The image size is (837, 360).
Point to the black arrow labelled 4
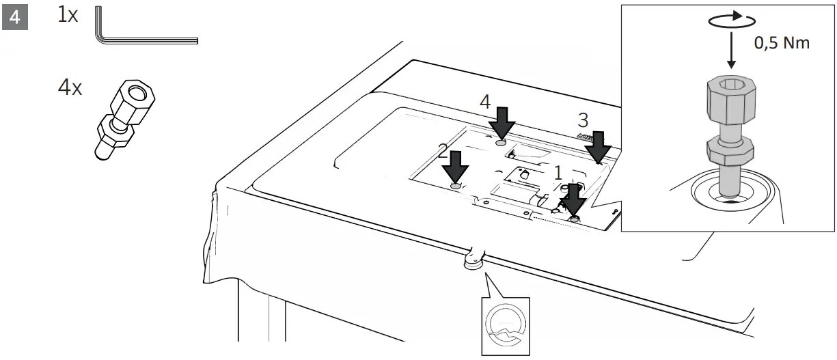coord(504,124)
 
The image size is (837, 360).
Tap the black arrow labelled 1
coord(573,200)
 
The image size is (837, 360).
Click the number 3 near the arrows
coord(583,120)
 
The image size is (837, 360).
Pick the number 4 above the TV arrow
coord(485,102)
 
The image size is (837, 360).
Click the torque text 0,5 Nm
coord(782,43)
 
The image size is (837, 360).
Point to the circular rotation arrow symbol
coord(731,21)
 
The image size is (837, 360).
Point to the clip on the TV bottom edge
coord(473,258)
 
